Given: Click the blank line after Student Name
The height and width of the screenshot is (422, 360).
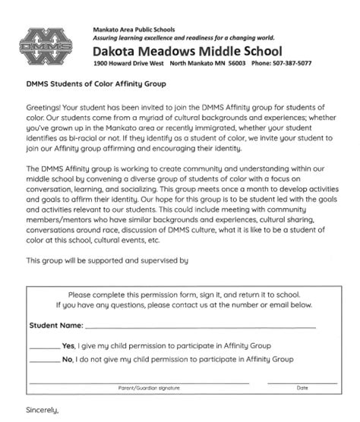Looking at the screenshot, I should coord(201,327).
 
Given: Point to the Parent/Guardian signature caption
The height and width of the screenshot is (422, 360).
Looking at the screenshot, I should coord(149,388).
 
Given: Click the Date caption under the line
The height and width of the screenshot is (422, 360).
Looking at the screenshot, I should coord(302,388).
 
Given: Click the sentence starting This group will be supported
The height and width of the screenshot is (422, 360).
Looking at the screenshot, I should coord(106,260).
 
